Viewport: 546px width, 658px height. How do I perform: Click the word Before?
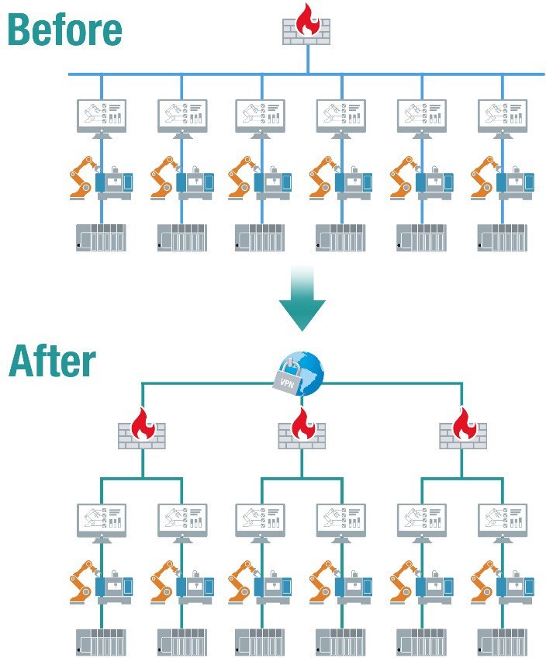click(x=65, y=29)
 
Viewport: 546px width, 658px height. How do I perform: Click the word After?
click(x=52, y=361)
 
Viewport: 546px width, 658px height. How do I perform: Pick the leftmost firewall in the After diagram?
click(x=141, y=430)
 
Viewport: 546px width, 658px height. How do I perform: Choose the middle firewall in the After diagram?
click(x=302, y=430)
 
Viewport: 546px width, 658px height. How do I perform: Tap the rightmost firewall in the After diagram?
click(x=462, y=430)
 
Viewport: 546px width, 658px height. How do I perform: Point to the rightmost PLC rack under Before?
click(x=502, y=237)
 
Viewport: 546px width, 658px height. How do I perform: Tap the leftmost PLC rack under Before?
click(x=102, y=237)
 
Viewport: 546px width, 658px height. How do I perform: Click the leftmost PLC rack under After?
click(x=102, y=642)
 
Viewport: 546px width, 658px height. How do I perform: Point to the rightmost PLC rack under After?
click(x=502, y=642)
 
